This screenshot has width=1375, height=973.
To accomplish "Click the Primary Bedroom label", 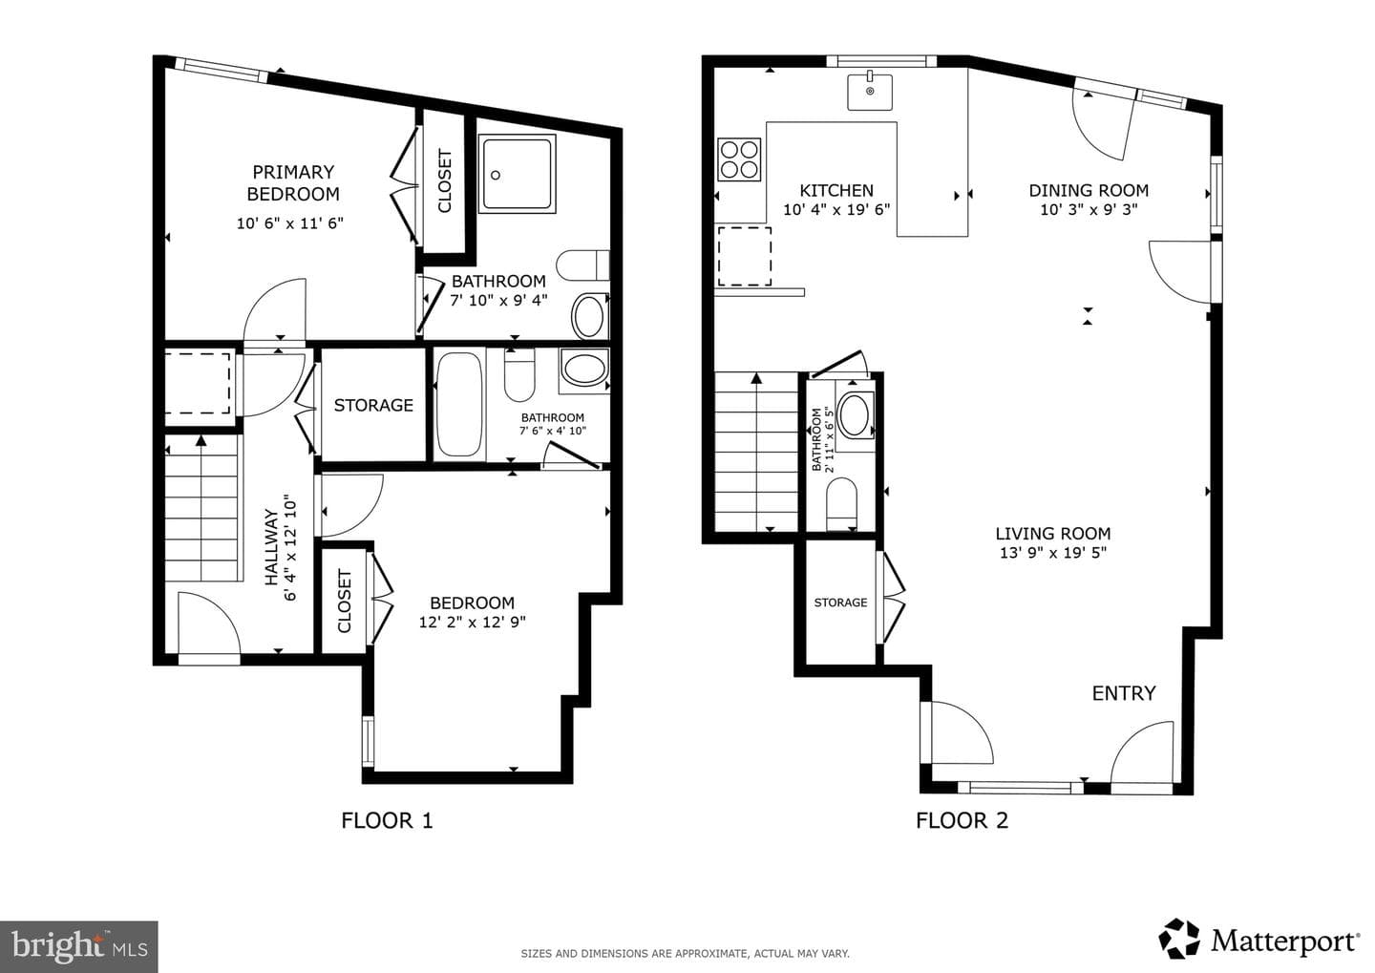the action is [293, 183].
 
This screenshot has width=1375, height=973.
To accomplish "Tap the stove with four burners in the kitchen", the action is [739, 159].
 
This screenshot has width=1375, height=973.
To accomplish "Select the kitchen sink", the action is [870, 92].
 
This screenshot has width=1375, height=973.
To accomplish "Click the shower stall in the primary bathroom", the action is [517, 175].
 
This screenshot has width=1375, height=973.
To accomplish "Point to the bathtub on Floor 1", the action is [459, 403].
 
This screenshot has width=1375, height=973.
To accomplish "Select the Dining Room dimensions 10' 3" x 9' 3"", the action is [1089, 210].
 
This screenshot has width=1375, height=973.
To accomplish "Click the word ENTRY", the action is [1123, 693].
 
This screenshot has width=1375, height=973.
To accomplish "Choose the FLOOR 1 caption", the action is [387, 821].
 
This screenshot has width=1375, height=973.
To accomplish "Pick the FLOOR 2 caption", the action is [962, 821].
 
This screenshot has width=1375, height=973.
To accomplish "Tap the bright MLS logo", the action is [79, 946].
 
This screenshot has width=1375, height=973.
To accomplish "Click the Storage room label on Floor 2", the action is [840, 603].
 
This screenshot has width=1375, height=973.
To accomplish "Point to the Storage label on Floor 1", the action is [373, 405].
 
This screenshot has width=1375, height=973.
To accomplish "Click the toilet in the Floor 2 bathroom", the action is [841, 503].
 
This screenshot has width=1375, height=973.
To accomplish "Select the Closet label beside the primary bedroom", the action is [444, 181].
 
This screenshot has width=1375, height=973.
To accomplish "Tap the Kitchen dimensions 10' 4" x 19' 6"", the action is [836, 210].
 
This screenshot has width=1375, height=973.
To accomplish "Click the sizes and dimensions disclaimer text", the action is [685, 953].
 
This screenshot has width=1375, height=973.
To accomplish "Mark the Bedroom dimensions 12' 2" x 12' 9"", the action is [472, 623].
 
